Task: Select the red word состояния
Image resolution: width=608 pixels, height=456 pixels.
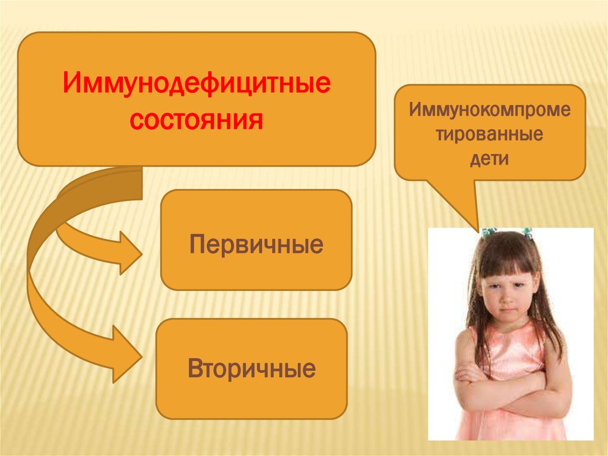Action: point(197,121)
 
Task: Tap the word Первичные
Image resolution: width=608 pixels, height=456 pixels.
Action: point(256,244)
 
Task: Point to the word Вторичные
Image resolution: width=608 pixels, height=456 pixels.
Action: point(252,369)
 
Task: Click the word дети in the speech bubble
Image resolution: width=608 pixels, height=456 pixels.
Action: point(490,159)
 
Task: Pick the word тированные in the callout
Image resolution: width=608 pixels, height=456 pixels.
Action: point(490,134)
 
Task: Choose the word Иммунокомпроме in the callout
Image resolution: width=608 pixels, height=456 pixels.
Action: point(490,111)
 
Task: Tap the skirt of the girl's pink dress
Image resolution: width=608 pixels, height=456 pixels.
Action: point(505,425)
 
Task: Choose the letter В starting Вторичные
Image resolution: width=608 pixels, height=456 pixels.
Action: point(195,369)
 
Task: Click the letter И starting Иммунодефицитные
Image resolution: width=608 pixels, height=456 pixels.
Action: point(71,84)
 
